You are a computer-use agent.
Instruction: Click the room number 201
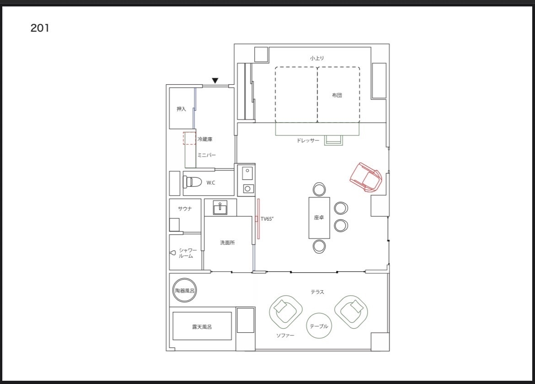pos(40,27)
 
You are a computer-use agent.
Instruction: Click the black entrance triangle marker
pos(215,81)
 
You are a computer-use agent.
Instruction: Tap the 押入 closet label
pos(181,109)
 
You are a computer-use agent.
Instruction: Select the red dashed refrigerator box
pos(189,138)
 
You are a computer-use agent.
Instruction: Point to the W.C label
pos(211,183)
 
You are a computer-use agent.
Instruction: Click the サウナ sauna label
pos(185,209)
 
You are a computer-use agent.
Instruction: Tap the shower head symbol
pos(173,253)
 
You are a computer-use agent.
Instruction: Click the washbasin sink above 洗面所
pos(220,208)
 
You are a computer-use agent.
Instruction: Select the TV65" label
pos(267,219)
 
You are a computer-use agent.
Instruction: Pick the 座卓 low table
pos(319,217)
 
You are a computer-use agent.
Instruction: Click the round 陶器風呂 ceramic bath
pos(185,290)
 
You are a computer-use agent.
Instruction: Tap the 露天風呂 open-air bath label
pos(202,327)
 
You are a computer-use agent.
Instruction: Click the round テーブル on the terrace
pos(319,326)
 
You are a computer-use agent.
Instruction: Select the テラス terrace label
pos(317,292)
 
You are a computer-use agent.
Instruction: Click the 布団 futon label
pos(337,95)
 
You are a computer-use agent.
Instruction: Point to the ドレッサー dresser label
pos(308,141)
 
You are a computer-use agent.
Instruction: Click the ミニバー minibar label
pos(206,155)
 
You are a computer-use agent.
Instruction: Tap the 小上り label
pos(317,58)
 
